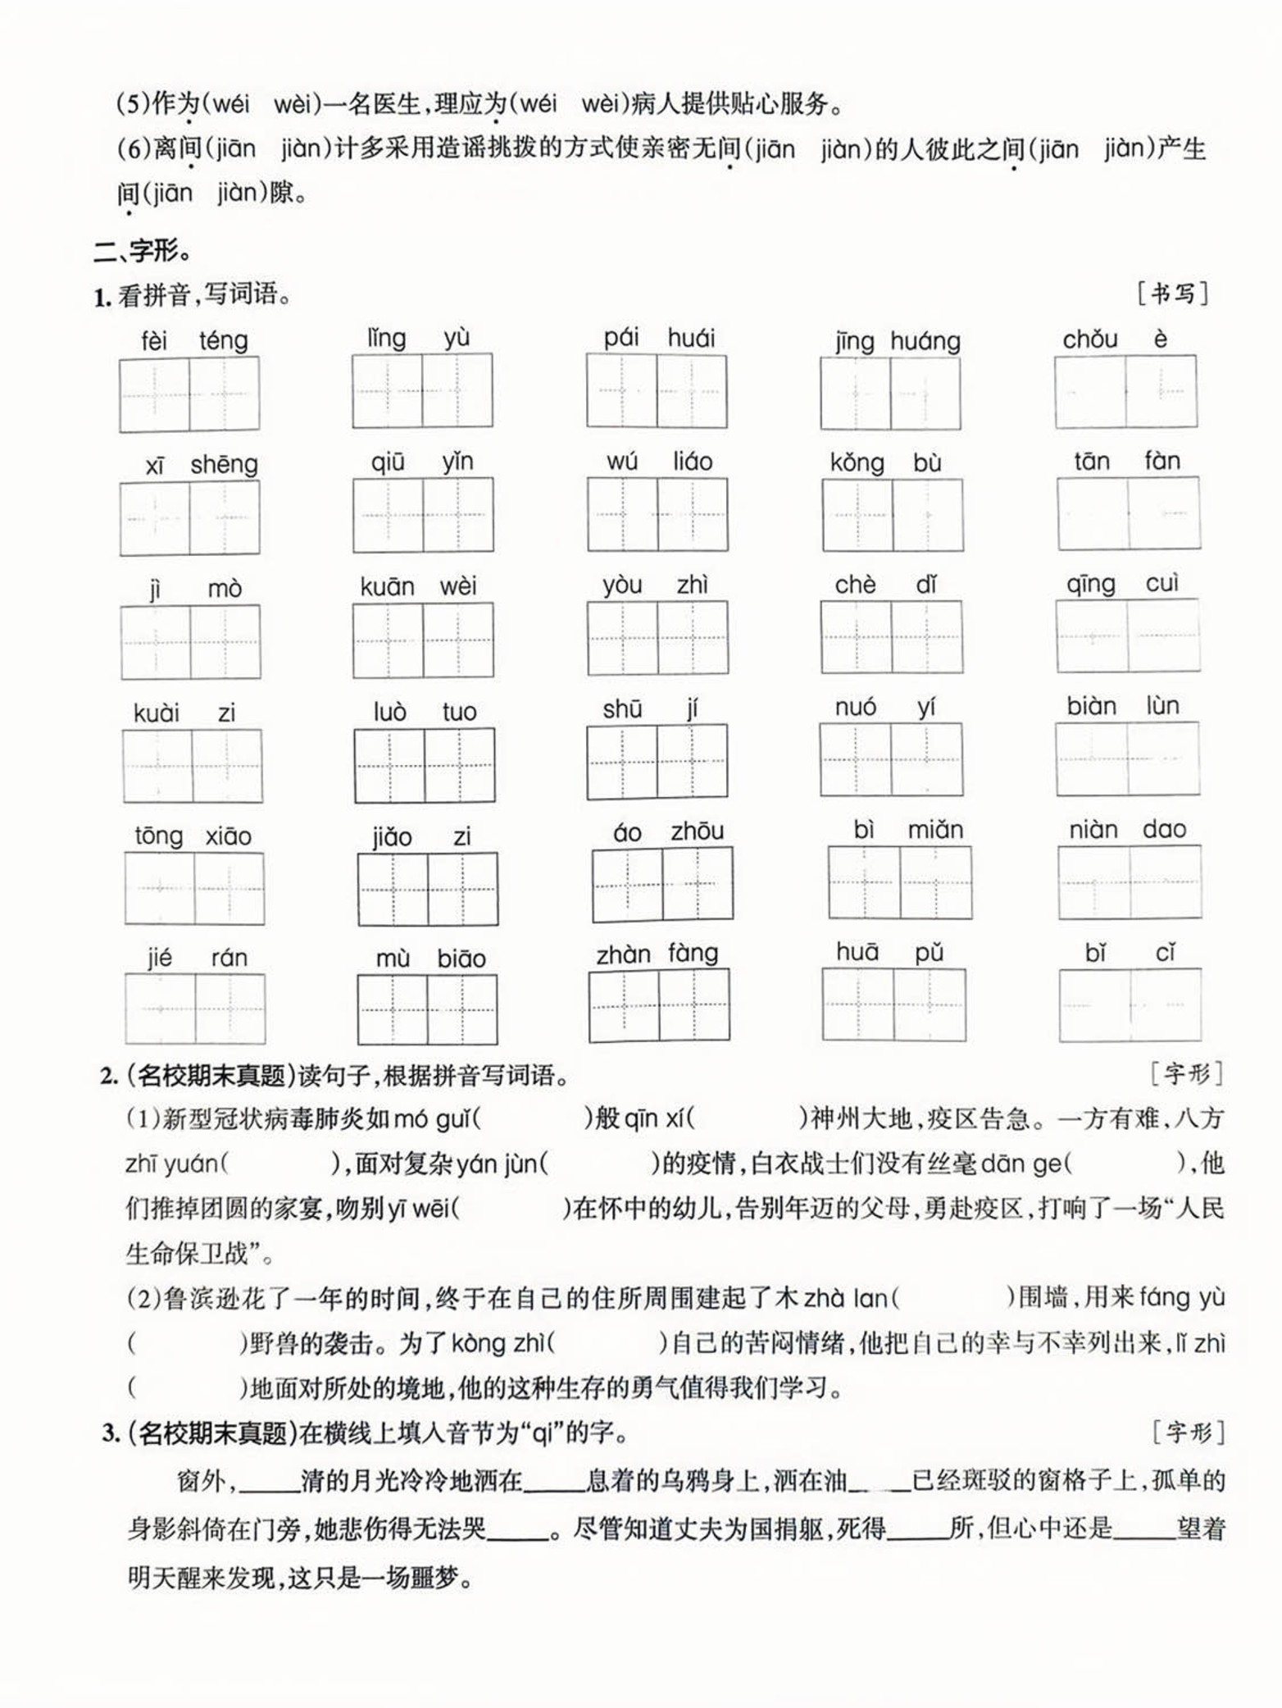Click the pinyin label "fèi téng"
point(194,340)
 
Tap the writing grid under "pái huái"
point(656,391)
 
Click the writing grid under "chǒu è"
point(1125,392)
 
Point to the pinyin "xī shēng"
point(201,465)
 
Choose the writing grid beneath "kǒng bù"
point(892,515)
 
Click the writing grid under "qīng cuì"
point(1127,636)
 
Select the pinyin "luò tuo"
point(424,711)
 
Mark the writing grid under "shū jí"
point(657,762)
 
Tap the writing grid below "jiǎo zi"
point(427,890)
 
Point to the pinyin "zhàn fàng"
point(657,954)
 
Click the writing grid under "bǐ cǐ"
point(1130,1005)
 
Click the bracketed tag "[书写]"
point(1172,294)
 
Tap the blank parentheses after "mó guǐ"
point(532,1118)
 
